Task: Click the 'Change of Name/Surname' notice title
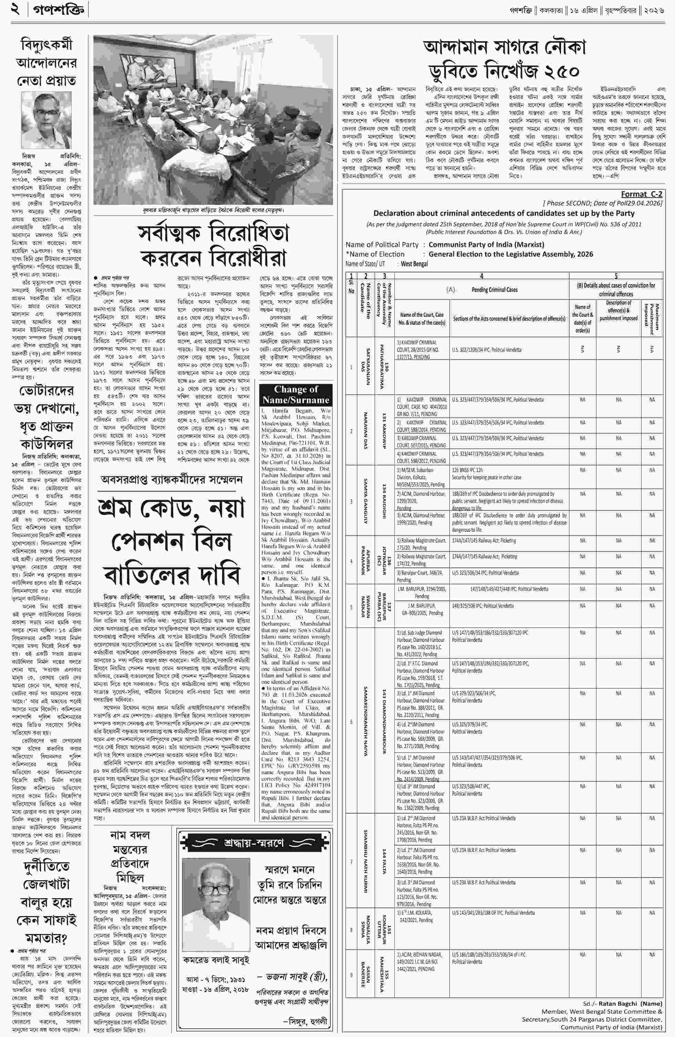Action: (295, 395)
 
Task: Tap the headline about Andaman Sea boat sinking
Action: (505, 59)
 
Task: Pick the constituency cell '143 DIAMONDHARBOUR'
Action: (384, 722)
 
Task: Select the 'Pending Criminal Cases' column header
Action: (494, 290)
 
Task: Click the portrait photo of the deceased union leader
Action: (46, 120)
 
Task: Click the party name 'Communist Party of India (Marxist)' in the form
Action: (486, 245)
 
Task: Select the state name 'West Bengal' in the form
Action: (414, 264)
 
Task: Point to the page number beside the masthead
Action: (16, 9)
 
